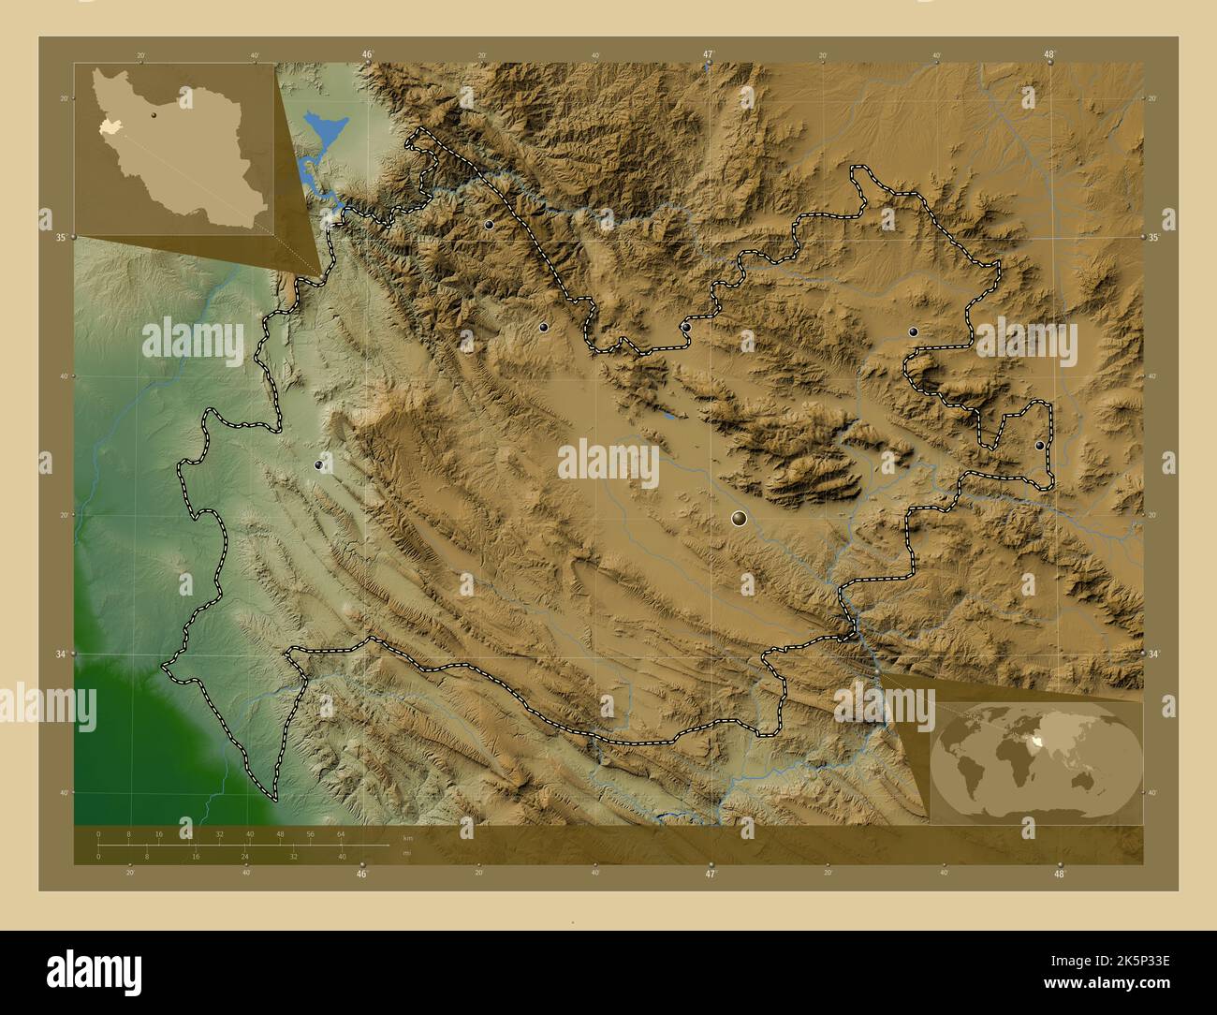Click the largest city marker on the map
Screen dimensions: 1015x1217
tap(740, 518)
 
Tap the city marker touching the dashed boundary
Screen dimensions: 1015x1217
tap(685, 328)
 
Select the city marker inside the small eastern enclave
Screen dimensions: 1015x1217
tap(1039, 446)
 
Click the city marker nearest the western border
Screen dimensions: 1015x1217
tap(320, 464)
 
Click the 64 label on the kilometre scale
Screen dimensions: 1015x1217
tap(342, 833)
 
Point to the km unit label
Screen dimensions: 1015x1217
tap(406, 837)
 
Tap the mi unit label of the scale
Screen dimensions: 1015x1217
tap(404, 852)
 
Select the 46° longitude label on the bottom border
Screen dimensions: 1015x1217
tap(361, 874)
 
